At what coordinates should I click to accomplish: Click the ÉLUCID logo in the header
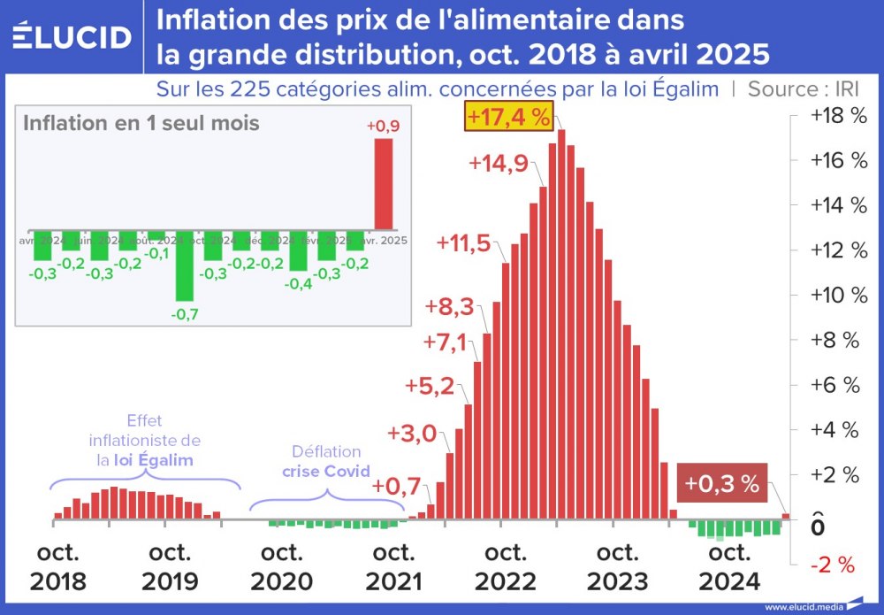[x=72, y=36]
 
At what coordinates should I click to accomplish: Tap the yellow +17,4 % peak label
[x=508, y=117]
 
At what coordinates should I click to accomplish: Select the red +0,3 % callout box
[x=722, y=483]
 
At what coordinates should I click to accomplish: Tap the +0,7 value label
[x=396, y=487]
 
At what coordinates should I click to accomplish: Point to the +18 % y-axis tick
[x=833, y=116]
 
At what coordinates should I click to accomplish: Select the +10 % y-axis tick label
[x=833, y=296]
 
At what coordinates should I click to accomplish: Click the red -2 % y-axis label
[x=833, y=565]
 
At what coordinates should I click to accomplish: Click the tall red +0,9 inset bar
[x=383, y=183]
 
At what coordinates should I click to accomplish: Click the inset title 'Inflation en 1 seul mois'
[x=141, y=123]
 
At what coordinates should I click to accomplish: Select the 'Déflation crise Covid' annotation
[x=325, y=461]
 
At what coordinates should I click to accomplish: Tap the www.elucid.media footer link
[x=803, y=607]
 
